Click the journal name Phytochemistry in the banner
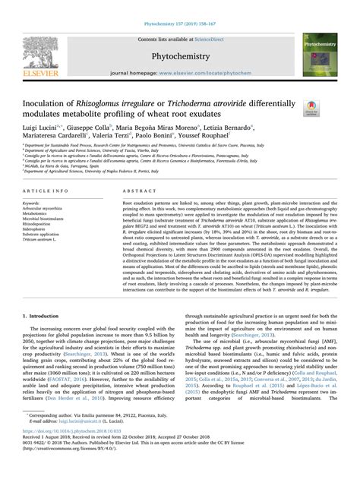179,55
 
